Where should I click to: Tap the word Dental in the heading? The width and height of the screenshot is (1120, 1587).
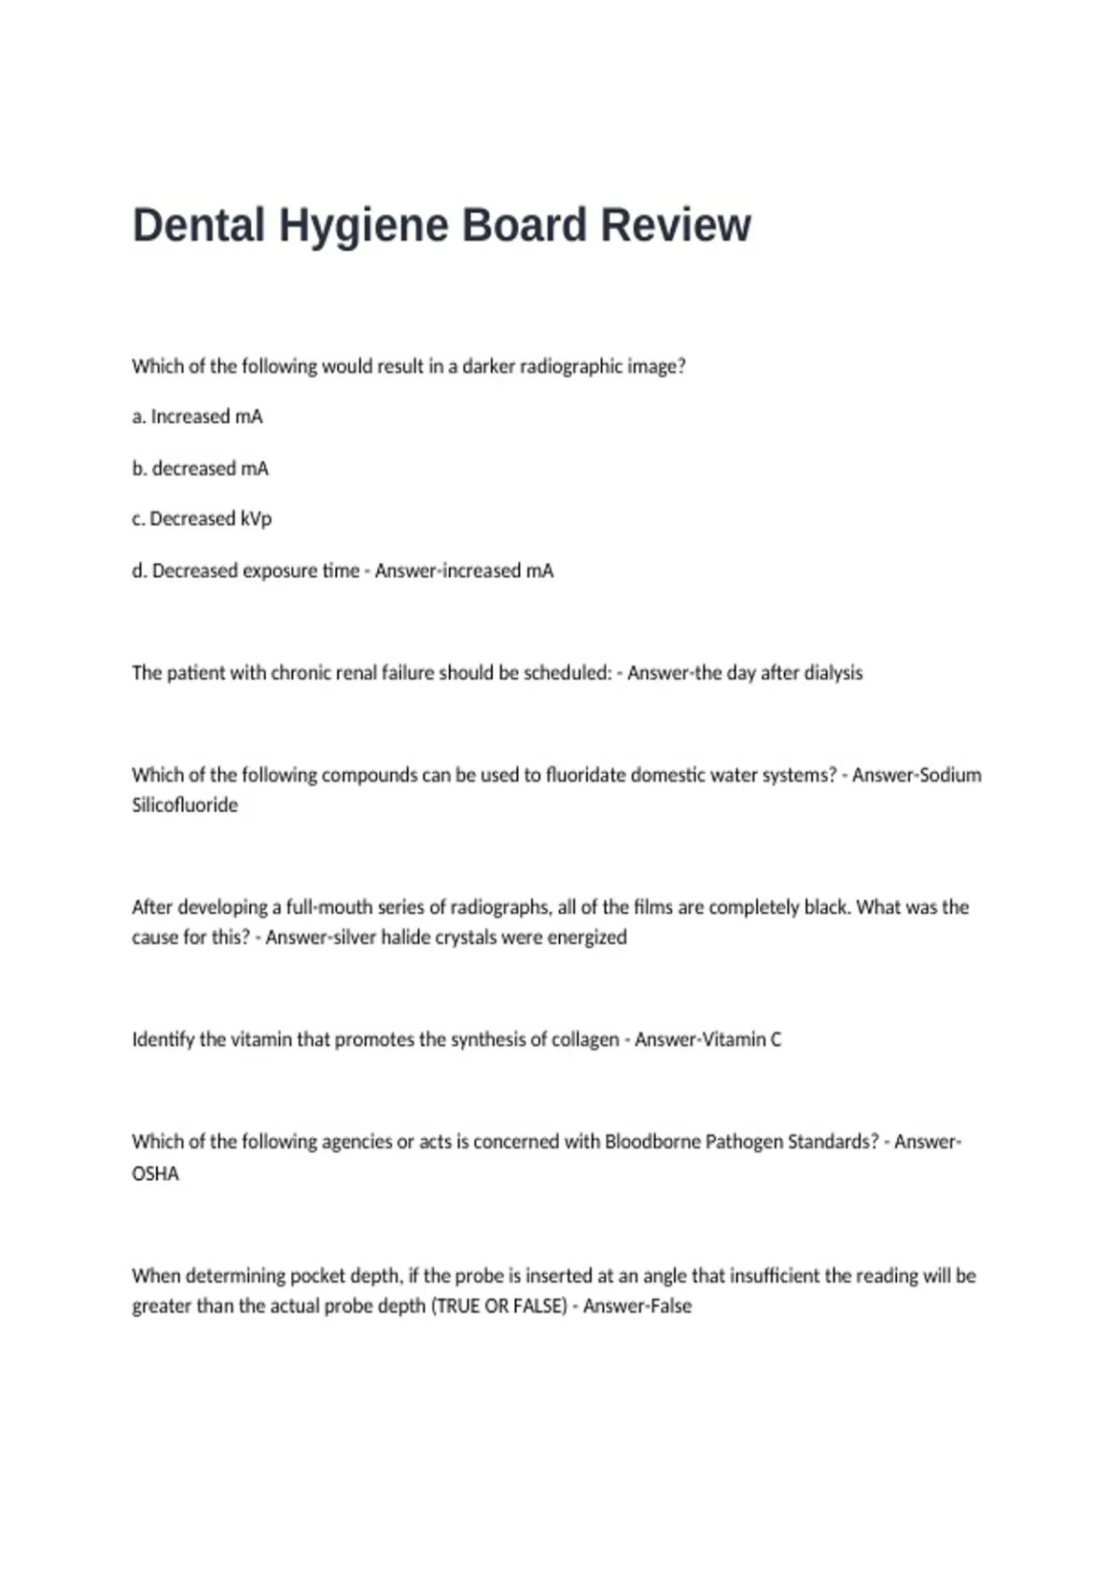tap(199, 226)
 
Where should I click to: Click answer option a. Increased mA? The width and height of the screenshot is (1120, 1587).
tap(197, 417)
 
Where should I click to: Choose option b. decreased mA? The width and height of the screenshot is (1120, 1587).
tap(200, 469)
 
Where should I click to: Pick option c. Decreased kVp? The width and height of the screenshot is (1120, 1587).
tap(202, 519)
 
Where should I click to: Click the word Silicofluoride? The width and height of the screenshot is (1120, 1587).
tap(185, 806)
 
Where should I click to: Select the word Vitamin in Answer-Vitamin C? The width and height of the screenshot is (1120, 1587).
tap(733, 1040)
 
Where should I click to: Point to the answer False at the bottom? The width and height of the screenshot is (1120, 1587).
tap(668, 1306)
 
